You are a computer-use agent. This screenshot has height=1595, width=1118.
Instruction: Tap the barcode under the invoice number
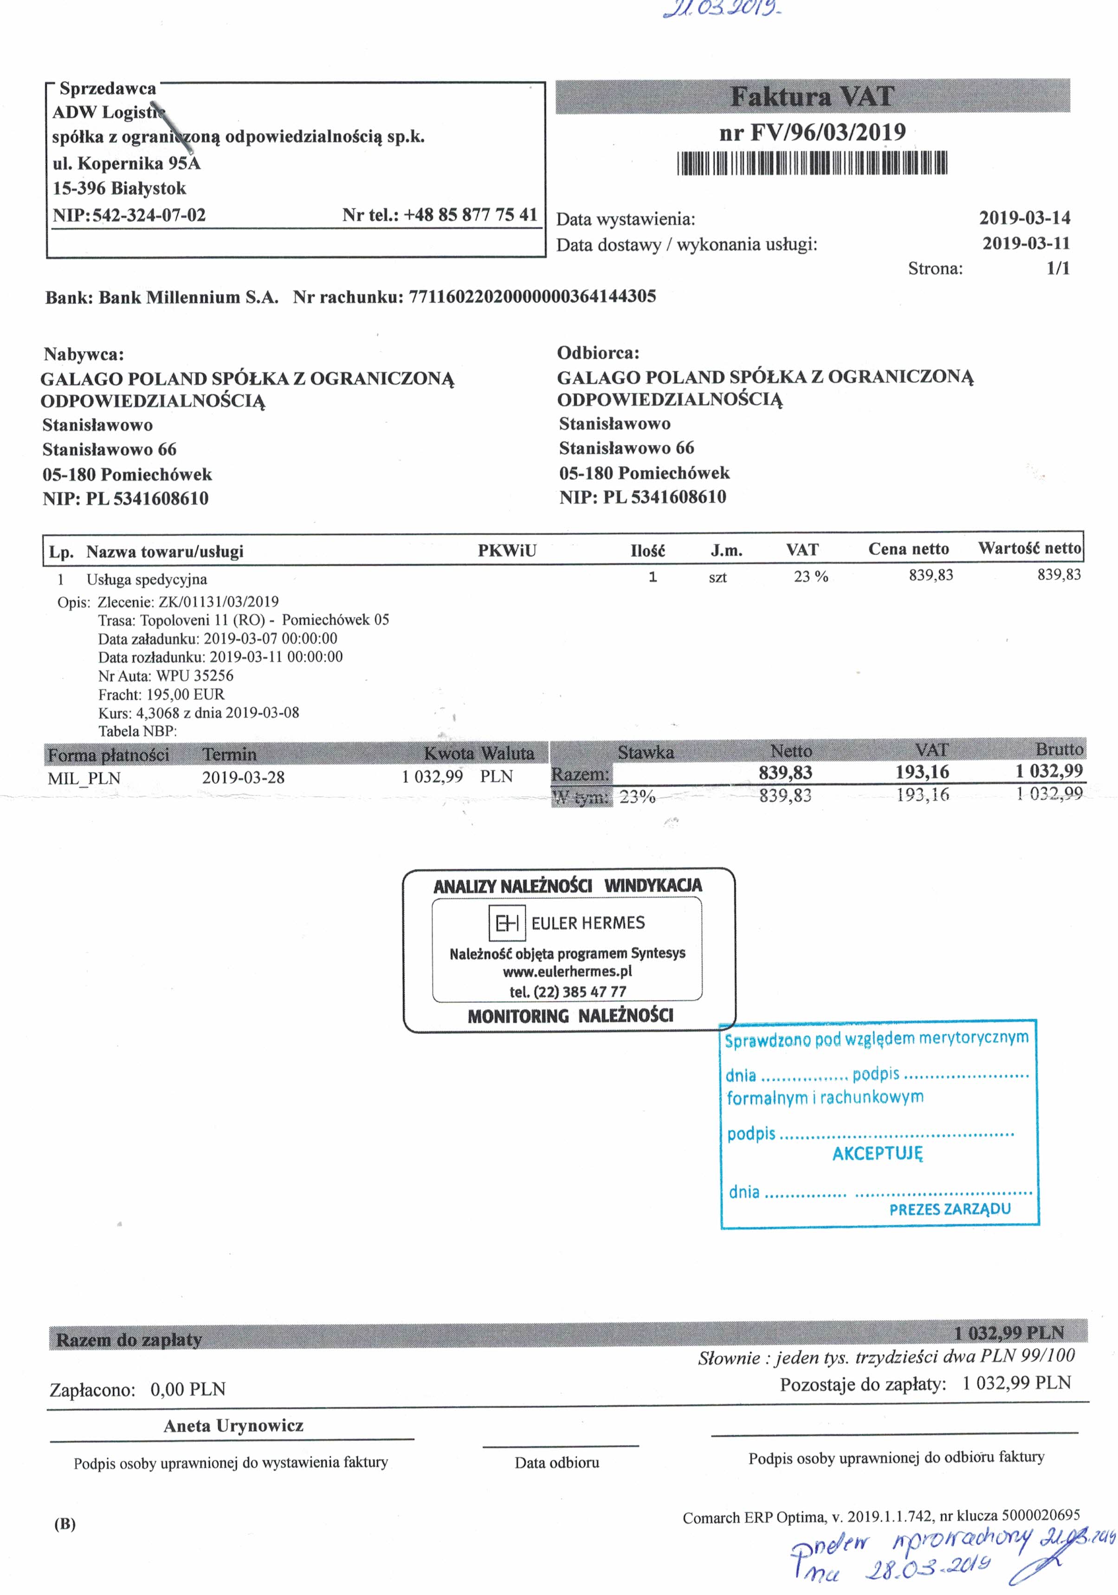812,163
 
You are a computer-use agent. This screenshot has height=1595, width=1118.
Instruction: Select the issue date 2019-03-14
1024,218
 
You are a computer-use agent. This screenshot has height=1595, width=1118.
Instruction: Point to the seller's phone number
471,215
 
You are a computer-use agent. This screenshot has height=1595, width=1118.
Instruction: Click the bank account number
532,297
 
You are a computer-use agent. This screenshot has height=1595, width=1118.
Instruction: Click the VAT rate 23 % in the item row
811,576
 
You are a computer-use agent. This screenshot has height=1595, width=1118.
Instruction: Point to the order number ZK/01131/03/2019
218,601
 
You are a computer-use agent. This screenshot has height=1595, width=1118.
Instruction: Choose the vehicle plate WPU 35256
194,675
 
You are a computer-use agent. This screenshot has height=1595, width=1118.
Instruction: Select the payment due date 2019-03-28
243,777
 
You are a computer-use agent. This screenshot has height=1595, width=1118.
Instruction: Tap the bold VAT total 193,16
922,772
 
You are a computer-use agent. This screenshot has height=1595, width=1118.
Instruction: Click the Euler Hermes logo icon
506,923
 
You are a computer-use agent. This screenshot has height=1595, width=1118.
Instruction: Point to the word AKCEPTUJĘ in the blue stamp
878,1154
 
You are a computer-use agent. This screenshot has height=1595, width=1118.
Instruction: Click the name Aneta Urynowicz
233,1426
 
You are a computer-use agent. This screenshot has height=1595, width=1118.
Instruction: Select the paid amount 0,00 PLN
187,1389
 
